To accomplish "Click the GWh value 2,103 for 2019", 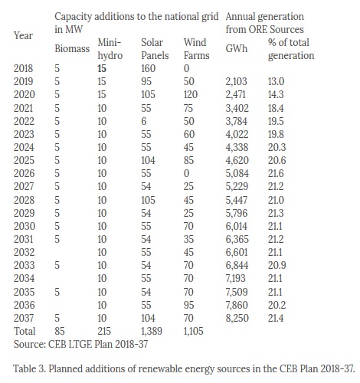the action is click(236, 81).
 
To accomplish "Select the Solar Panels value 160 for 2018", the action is click(148, 68).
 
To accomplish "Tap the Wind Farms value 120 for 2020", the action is click(191, 94).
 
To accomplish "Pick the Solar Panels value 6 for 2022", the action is click(144, 121).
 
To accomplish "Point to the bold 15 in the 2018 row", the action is click(102, 68).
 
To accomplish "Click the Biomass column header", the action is click(72, 48).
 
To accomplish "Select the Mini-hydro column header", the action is click(110, 49).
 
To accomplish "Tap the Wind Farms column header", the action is click(196, 49).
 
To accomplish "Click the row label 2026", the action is click(24, 173).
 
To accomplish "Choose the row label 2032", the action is click(24, 252).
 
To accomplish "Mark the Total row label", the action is click(25, 331).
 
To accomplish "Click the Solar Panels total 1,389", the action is click(152, 331).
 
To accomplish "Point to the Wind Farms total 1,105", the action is click(193, 331).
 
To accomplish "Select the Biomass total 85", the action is click(60, 331).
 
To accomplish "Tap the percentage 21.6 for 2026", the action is click(276, 173).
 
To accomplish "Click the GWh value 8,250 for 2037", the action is click(237, 318).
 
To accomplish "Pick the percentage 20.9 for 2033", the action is click(277, 265).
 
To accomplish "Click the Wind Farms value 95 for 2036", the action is click(188, 305).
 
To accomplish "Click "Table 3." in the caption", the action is click(29, 368).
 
